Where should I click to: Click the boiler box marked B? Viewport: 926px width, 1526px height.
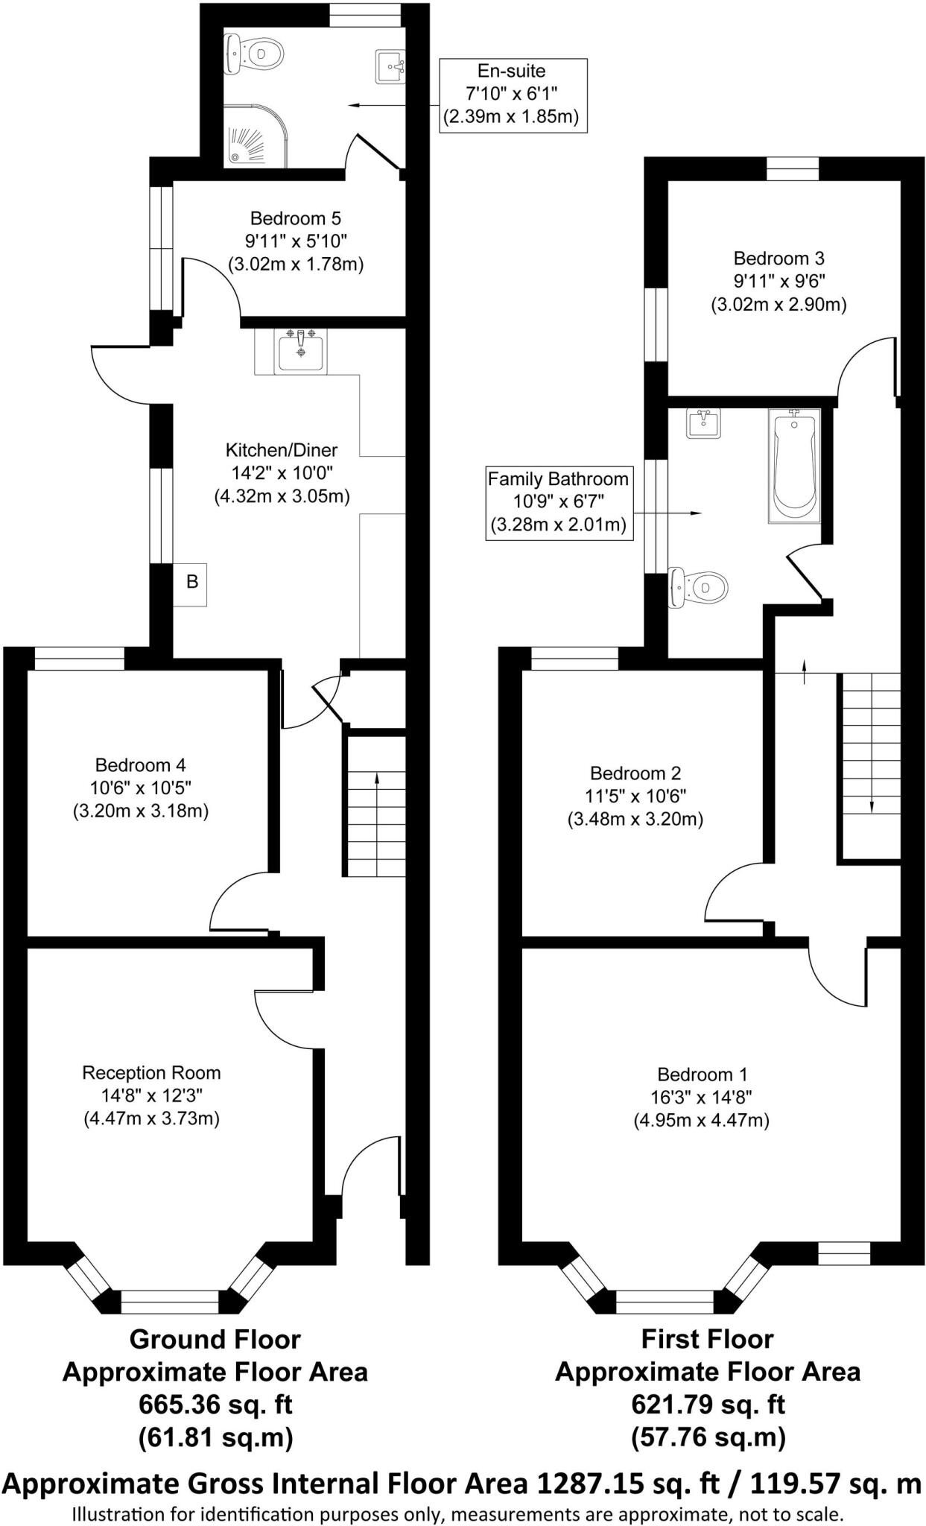[x=191, y=582]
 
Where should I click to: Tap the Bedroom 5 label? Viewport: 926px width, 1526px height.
[x=295, y=218]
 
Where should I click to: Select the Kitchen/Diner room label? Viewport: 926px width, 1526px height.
[x=281, y=450]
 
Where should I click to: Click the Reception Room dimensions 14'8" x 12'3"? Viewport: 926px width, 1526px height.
[x=152, y=1095]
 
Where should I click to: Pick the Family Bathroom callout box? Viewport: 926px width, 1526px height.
[x=558, y=502]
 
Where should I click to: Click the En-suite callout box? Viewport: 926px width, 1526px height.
[x=513, y=94]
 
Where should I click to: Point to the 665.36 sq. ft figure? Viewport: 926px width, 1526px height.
[x=215, y=1405]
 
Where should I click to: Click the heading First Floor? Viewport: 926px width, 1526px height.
[x=707, y=1339]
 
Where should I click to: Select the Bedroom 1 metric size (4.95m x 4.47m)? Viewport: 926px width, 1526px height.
[x=701, y=1120]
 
